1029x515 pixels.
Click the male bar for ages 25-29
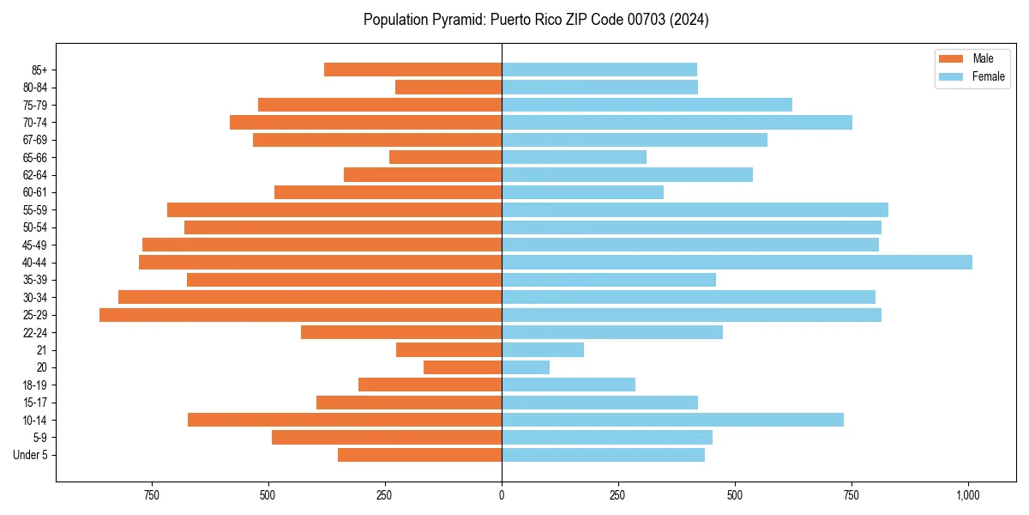point(300,315)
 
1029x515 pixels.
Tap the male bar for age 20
point(462,367)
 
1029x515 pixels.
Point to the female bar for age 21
point(543,350)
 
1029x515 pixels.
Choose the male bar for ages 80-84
point(448,87)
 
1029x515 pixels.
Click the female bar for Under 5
point(603,455)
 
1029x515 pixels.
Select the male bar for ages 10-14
point(345,420)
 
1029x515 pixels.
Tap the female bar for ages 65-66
point(574,157)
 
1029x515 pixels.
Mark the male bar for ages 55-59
point(334,209)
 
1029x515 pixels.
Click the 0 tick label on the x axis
point(502,495)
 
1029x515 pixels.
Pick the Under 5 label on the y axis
point(31,455)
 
